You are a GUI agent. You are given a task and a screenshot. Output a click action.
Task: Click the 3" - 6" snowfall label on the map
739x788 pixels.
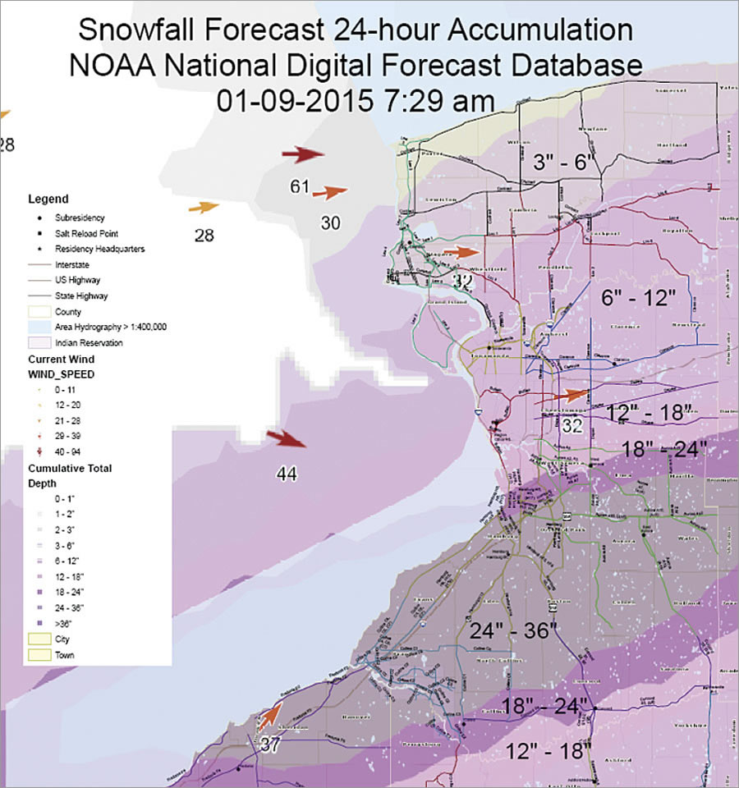pos(562,162)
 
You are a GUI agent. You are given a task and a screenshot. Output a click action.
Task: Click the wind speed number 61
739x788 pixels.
pos(299,186)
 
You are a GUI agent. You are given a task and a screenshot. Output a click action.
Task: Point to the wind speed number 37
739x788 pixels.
pos(270,745)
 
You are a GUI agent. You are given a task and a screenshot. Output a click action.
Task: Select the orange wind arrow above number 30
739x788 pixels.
pos(330,193)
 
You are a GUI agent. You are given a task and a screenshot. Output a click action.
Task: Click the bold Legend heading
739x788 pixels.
pos(48,199)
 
